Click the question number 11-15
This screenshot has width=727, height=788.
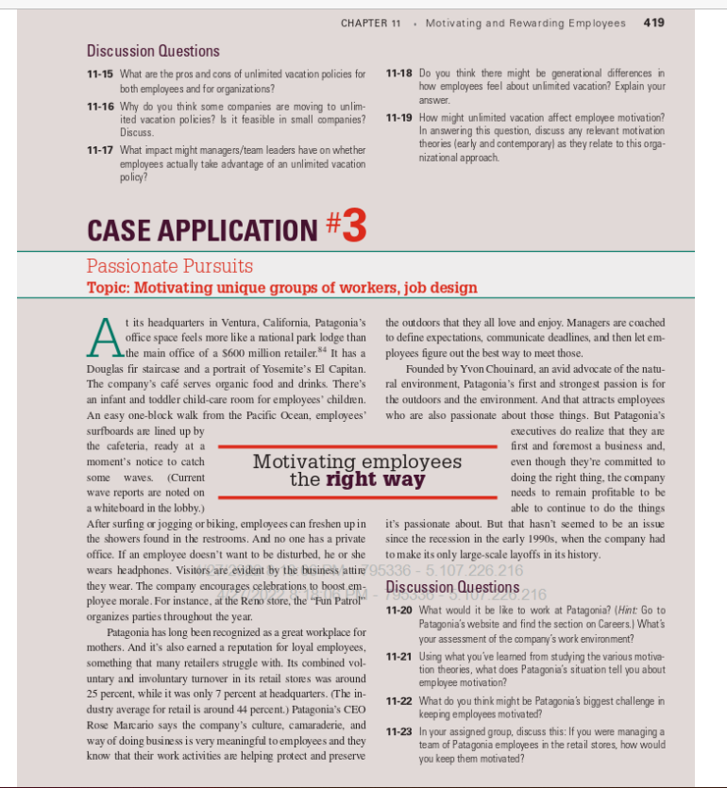[x=100, y=74]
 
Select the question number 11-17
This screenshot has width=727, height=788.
[x=100, y=151]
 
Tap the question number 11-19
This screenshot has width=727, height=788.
[x=400, y=118]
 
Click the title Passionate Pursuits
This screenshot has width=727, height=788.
[x=170, y=267]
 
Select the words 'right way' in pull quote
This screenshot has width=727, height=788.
[x=375, y=480]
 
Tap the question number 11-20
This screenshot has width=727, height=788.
[x=400, y=612]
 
